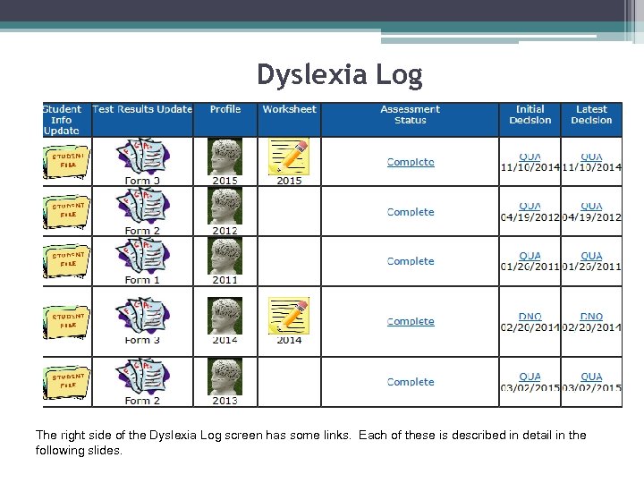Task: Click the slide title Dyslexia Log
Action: point(339,74)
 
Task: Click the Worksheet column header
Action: point(289,109)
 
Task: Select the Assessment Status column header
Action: point(410,114)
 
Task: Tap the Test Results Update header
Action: point(142,109)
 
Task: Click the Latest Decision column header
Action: point(591,114)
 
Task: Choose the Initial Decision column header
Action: point(530,114)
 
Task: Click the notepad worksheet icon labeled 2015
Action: point(289,157)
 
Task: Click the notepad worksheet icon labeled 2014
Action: point(289,316)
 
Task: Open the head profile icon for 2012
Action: point(225,207)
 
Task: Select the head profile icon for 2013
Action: point(225,377)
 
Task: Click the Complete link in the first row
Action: point(411,162)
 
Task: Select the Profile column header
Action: point(225,109)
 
